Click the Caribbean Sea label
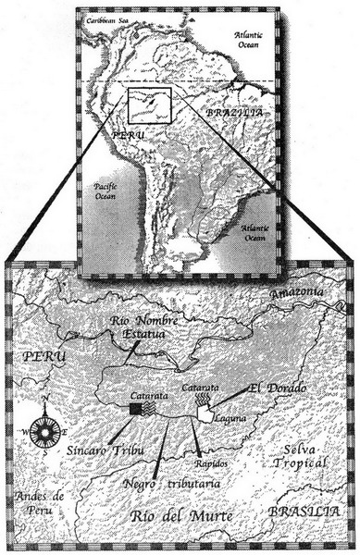(107, 19)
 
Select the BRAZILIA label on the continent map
(230, 112)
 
